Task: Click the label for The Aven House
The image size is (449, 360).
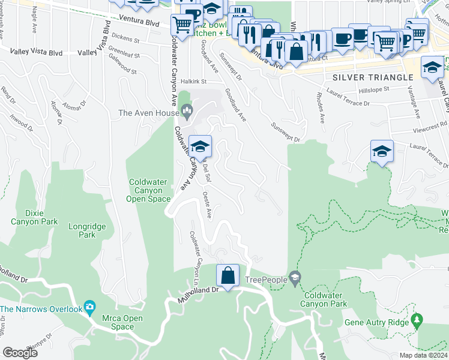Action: (148, 112)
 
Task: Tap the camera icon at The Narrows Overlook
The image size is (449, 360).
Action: (90, 308)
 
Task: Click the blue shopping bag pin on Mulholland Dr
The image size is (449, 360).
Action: (228, 276)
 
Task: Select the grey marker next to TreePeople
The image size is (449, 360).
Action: (294, 278)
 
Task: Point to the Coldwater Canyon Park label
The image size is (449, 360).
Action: (325, 299)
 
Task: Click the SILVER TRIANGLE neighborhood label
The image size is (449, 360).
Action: (373, 77)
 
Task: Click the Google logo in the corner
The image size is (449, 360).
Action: (20, 353)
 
